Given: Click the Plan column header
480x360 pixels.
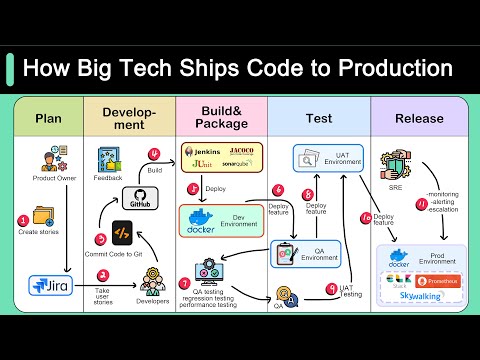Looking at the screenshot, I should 48,119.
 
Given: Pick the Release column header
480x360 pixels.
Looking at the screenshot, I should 420,119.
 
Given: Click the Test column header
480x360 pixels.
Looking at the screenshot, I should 318,119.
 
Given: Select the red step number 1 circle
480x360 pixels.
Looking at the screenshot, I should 24,220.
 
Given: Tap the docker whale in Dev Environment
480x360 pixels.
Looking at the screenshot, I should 200,220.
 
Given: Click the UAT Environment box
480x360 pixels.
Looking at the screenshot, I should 320,157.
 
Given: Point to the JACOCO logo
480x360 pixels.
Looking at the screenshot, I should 243,150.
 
